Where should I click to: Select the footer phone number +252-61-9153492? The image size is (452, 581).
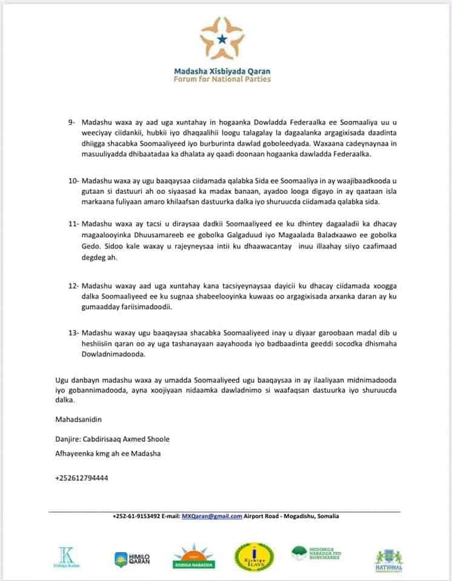click(136, 516)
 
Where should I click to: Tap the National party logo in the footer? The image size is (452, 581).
click(389, 560)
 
